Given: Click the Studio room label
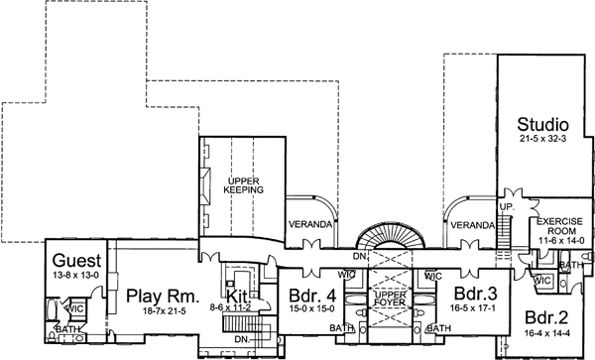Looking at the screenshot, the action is (543, 125).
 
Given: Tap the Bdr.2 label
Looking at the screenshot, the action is (545, 318).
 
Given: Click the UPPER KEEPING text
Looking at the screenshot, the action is (242, 183).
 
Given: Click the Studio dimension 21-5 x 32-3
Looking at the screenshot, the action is (543, 141).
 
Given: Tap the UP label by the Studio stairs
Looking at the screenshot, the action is (503, 205).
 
